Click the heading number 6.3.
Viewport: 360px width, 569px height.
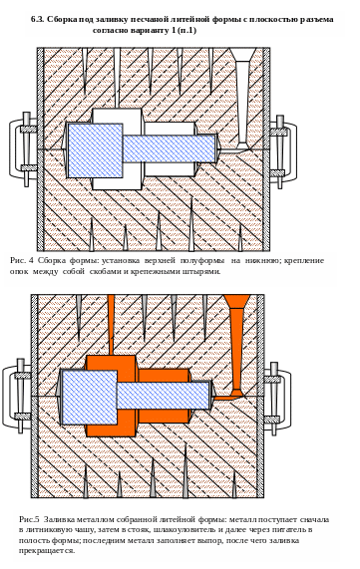(x=37, y=19)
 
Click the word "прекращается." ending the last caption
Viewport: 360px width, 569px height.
(x=47, y=551)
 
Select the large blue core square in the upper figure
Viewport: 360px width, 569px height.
(x=95, y=150)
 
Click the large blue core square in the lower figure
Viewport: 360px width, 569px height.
(x=90, y=397)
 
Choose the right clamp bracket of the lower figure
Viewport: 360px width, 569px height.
(x=278, y=398)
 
